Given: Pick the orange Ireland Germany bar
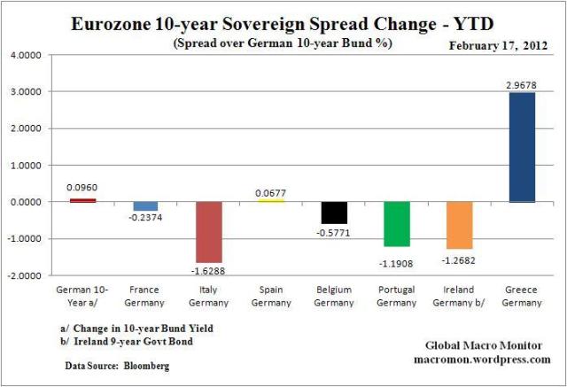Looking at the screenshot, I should (x=456, y=225).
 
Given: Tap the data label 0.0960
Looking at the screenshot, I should (x=81, y=189).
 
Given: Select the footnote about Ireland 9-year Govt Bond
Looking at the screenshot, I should (x=127, y=343).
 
